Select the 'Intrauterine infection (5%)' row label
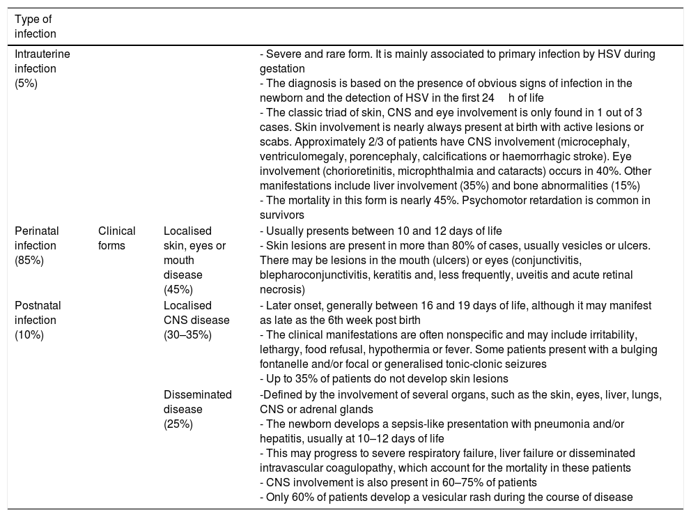[42, 68]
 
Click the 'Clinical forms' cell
[117, 237]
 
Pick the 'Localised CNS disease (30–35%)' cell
[196, 320]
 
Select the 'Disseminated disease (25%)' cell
[197, 409]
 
